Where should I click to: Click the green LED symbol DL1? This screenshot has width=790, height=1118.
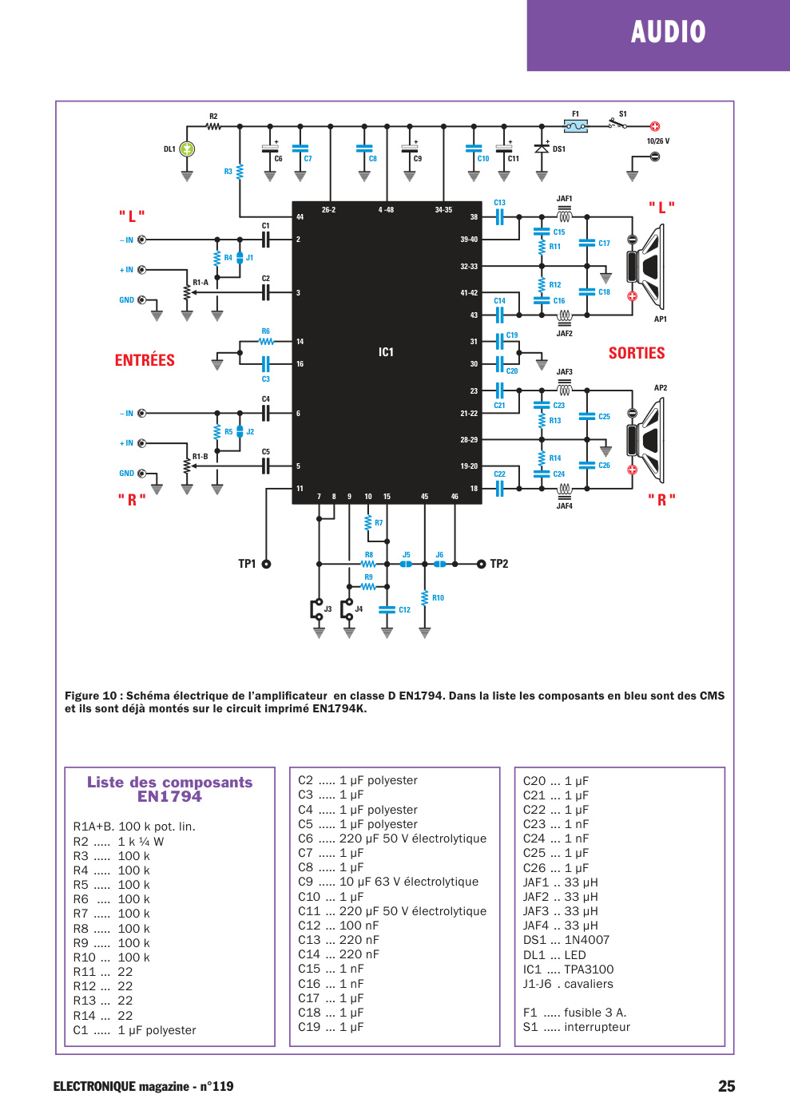[x=187, y=149]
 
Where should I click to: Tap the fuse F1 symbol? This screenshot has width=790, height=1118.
[x=575, y=126]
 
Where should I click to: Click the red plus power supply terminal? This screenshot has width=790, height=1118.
[x=655, y=126]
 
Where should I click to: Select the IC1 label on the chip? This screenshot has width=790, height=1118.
[x=386, y=352]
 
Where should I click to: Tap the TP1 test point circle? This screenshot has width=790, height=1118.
[x=266, y=564]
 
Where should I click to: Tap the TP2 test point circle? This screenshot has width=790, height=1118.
[x=481, y=564]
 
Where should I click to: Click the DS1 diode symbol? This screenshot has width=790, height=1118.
[x=542, y=149]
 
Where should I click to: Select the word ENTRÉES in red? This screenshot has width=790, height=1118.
[x=145, y=360]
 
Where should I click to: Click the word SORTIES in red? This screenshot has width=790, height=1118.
[x=637, y=353]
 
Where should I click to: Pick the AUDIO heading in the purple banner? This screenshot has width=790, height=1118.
[x=668, y=32]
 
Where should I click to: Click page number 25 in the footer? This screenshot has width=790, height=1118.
[x=727, y=1086]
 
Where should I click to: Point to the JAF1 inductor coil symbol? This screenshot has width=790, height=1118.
[x=564, y=214]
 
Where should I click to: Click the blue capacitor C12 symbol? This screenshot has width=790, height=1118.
[x=387, y=609]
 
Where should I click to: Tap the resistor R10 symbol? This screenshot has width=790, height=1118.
[x=424, y=598]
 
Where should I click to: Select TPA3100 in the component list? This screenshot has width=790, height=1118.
[x=589, y=969]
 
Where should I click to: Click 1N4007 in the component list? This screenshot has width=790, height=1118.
[x=587, y=940]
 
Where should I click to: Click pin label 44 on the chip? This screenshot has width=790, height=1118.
[x=300, y=217]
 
